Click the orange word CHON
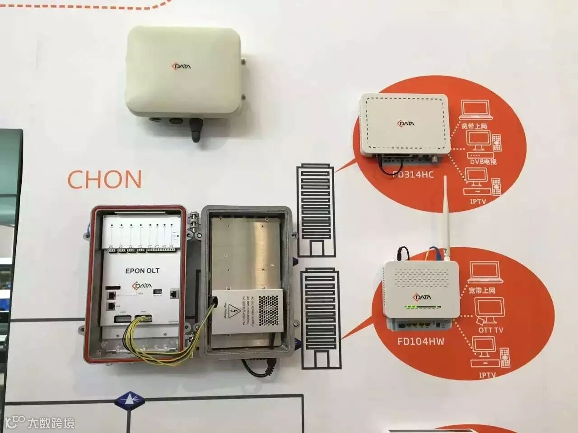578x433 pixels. (104, 179)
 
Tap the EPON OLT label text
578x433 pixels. (142, 271)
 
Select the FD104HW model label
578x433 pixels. (420, 341)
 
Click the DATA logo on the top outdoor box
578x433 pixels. (181, 66)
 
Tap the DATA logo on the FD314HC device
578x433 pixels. (406, 124)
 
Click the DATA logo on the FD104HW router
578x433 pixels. (422, 297)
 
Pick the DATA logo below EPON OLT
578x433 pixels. (142, 286)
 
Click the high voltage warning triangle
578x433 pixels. (234, 310)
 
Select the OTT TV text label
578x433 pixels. (490, 330)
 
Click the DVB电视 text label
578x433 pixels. (483, 161)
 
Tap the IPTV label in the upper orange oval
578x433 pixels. (477, 201)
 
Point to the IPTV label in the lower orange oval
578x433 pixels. (487, 375)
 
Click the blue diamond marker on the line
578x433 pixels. (129, 400)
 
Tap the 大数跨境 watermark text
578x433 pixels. (51, 423)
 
